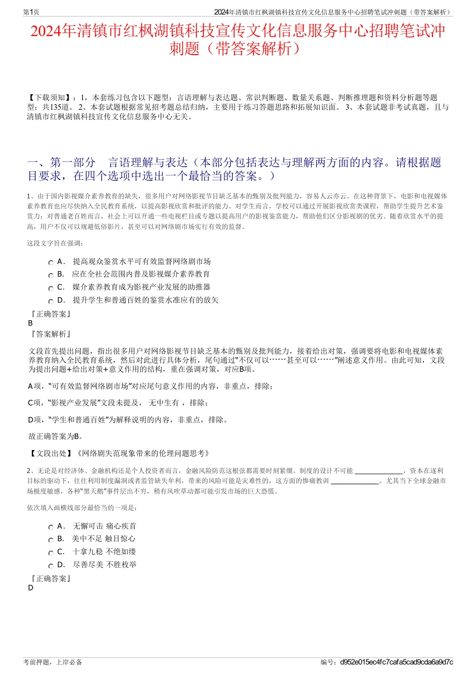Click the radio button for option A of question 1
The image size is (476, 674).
click(51, 263)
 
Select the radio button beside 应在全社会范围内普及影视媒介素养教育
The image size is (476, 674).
click(51, 275)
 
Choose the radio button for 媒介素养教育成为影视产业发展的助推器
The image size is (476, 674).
click(51, 288)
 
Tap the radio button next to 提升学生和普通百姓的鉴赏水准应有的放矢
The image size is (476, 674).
click(51, 301)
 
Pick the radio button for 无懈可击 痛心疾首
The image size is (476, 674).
click(51, 527)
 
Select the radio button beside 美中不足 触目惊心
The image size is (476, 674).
click(51, 540)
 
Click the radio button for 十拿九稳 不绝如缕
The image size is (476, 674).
click(51, 553)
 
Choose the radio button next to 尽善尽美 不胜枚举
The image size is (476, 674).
click(51, 566)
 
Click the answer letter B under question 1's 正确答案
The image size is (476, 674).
click(31, 323)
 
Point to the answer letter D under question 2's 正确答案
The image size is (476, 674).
click(31, 588)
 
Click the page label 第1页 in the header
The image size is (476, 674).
click(31, 12)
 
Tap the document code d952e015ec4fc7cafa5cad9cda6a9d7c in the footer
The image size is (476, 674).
click(396, 662)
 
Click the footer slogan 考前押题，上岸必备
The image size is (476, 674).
click(53, 662)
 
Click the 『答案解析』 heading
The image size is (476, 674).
click(51, 334)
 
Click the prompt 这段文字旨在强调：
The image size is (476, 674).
click(55, 244)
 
